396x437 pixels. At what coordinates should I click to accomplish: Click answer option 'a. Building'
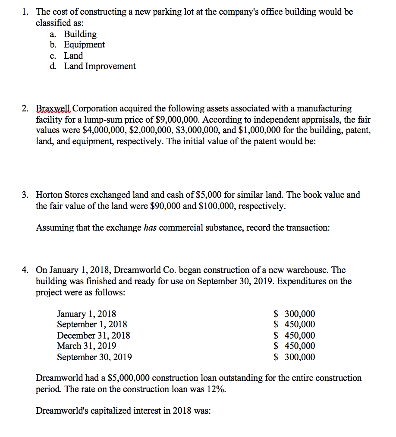pyautogui.click(x=80, y=34)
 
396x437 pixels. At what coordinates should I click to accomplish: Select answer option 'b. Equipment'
pyautogui.click(x=84, y=45)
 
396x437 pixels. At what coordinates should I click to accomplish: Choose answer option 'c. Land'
pyautogui.click(x=73, y=56)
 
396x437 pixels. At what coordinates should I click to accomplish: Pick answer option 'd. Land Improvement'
pyautogui.click(x=100, y=66)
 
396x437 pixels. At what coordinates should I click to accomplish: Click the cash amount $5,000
pyautogui.click(x=207, y=195)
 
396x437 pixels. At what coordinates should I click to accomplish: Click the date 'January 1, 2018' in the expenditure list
pyautogui.click(x=86, y=314)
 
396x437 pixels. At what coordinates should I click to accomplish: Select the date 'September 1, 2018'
pyautogui.click(x=92, y=325)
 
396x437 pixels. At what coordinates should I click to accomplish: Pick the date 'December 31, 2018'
pyautogui.click(x=94, y=336)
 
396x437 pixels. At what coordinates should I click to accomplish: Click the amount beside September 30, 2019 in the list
pyautogui.click(x=295, y=357)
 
